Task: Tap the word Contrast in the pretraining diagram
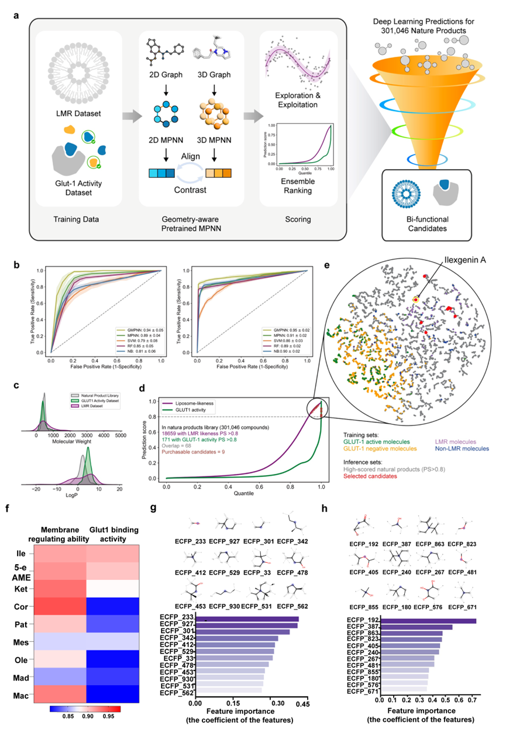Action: [x=209, y=191]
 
